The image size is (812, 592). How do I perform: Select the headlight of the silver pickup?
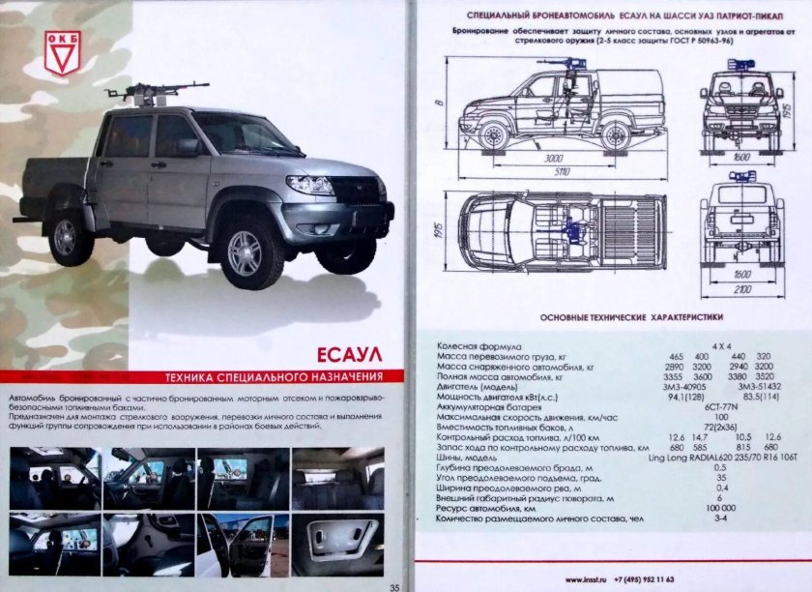pyautogui.click(x=309, y=185)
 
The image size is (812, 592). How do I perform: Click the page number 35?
pyautogui.click(x=393, y=585)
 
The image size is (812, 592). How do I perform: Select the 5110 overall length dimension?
pyautogui.click(x=560, y=171)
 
